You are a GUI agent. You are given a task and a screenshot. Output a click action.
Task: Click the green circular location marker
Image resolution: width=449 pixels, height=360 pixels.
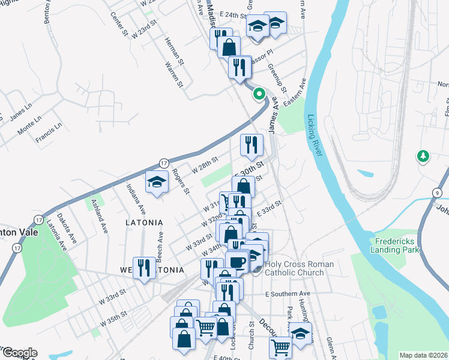(x=259, y=94)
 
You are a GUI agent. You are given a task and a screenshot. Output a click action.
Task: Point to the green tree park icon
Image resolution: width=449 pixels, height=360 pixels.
(x=424, y=157)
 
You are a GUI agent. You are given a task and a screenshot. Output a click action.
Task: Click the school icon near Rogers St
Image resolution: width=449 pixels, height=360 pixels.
(x=157, y=181)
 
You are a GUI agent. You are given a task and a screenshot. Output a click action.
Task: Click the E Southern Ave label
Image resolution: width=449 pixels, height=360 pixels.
(x=287, y=293)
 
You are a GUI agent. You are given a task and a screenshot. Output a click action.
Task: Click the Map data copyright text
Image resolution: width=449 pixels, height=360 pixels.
(x=423, y=355)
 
